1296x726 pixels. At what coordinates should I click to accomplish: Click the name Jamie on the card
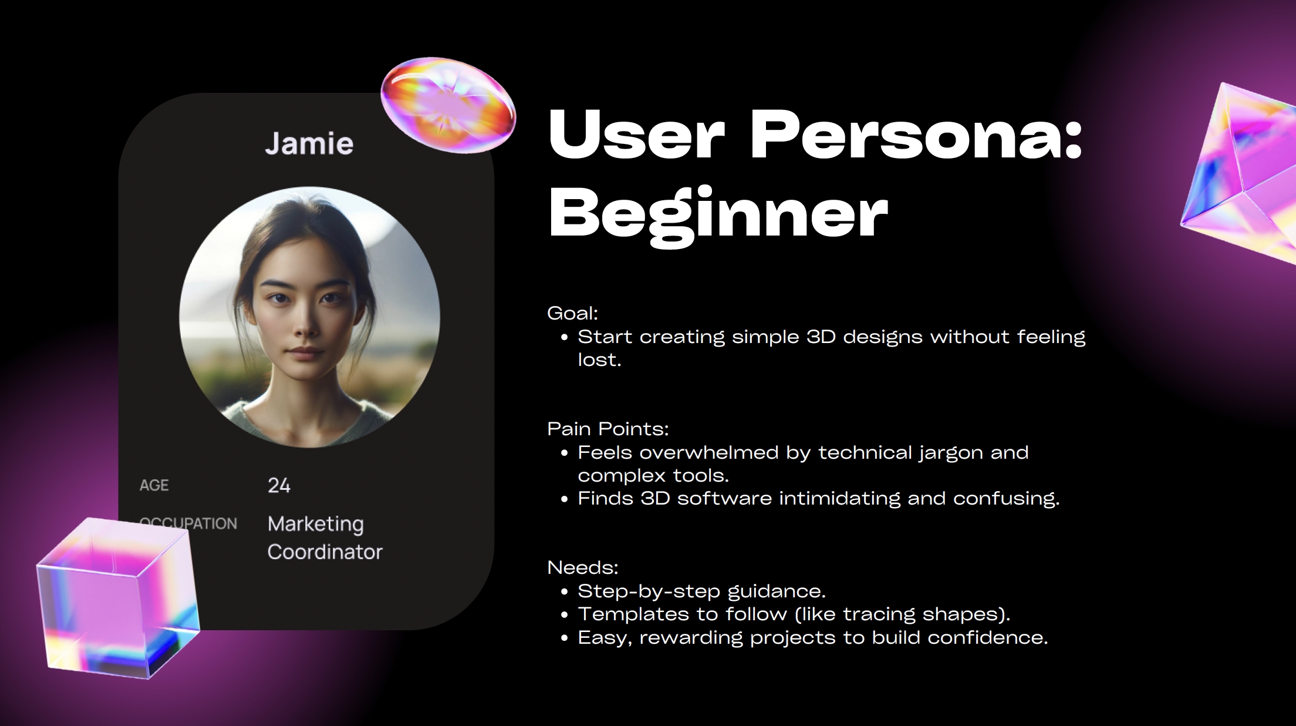(309, 143)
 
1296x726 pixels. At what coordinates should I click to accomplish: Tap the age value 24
(279, 485)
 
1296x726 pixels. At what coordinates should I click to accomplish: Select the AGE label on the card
(154, 485)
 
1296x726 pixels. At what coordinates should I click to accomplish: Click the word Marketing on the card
(316, 524)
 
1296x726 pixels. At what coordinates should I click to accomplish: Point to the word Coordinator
(325, 552)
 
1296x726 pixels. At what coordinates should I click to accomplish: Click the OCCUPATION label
(188, 523)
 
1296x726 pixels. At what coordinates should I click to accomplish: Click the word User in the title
(637, 135)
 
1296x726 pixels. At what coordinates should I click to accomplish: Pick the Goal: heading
(573, 313)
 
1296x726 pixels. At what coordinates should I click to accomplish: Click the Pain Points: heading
(608, 429)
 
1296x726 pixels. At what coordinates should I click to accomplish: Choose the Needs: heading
(583, 567)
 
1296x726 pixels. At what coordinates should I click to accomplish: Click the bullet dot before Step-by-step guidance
(564, 592)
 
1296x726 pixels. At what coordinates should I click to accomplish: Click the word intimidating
(840, 499)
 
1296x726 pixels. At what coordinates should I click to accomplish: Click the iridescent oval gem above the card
(448, 105)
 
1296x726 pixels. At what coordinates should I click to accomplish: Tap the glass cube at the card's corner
(118, 598)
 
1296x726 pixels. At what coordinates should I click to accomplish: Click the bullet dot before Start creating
(564, 338)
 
